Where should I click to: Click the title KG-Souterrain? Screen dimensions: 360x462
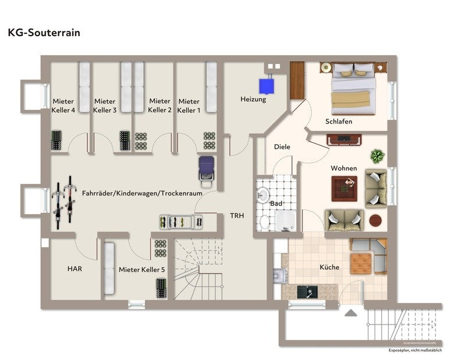44,33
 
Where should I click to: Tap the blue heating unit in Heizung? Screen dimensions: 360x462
268,85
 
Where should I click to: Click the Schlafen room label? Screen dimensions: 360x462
339,122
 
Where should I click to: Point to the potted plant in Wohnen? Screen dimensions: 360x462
378,156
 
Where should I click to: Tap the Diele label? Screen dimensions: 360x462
282,147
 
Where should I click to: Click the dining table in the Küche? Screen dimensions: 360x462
361,263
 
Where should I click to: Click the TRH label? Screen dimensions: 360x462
237,215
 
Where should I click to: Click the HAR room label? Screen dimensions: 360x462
74,269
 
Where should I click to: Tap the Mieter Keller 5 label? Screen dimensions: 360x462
142,269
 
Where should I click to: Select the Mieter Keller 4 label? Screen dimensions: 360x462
63,105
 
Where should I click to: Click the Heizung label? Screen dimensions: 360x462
253,99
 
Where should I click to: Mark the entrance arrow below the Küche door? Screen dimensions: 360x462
351,313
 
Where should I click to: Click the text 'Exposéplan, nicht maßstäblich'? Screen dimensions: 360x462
415,351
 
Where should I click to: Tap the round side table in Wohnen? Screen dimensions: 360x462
375,220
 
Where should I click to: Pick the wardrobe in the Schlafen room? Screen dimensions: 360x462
297,79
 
